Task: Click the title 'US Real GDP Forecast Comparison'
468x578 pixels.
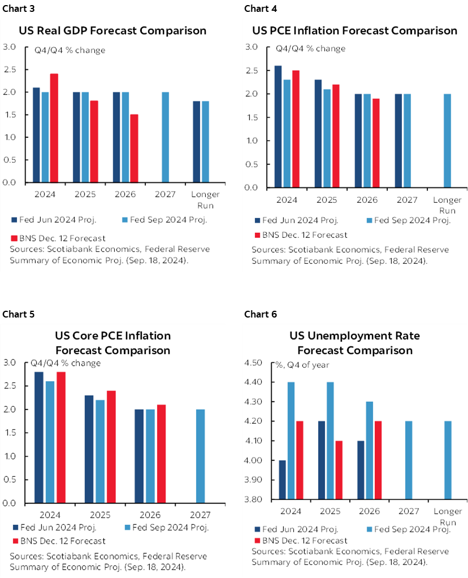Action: click(113, 31)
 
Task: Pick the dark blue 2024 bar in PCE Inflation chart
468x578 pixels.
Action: click(279, 127)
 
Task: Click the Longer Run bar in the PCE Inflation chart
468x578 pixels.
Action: click(447, 141)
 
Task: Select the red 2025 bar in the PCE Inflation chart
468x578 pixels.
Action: click(336, 136)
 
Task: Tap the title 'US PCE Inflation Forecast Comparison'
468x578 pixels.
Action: click(354, 31)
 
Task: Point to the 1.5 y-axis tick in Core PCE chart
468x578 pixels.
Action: click(16, 433)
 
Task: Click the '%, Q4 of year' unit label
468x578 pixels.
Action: click(302, 364)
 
